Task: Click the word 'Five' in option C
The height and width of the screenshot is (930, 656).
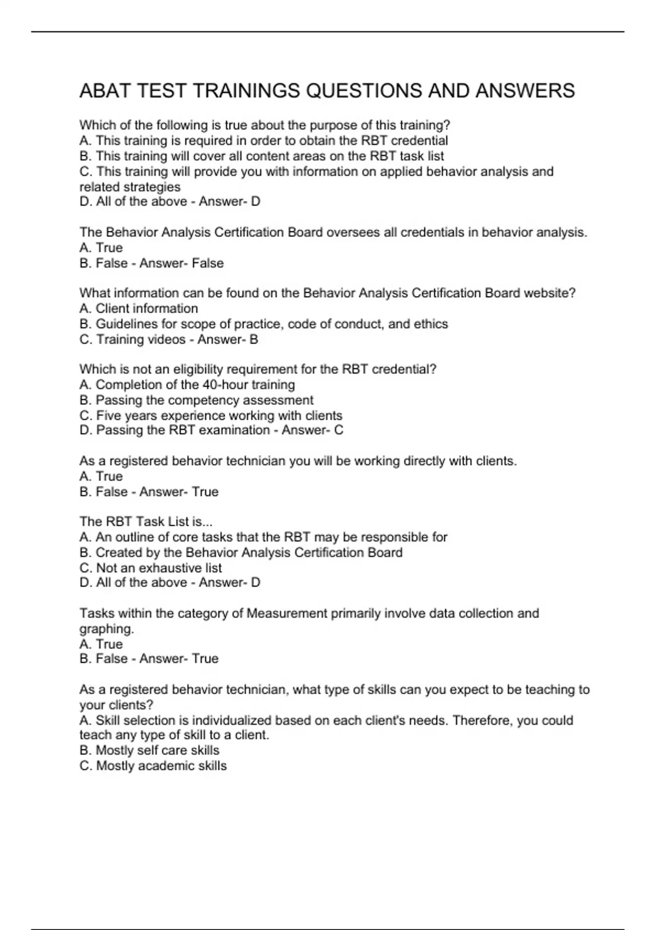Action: tap(108, 415)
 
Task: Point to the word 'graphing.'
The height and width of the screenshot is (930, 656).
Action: tap(107, 629)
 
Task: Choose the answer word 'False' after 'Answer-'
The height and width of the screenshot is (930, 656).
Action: tap(208, 263)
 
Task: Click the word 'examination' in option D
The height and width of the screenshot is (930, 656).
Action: tap(235, 430)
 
